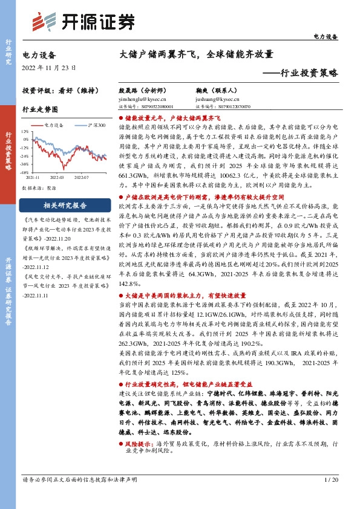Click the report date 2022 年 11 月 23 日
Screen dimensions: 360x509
(47, 68)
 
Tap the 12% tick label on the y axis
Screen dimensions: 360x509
(25, 131)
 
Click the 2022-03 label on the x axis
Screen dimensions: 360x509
(57, 178)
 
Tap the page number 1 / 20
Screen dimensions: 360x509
(330, 479)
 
